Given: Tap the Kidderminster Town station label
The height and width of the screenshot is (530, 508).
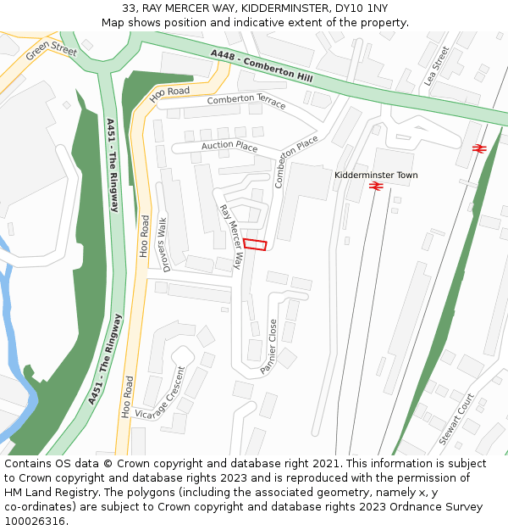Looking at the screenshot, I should point(376,176).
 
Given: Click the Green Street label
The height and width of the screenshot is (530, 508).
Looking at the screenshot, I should point(51,53).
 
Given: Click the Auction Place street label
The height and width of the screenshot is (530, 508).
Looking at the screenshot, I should point(229,147).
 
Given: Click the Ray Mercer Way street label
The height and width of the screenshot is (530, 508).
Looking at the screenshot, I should point(231,237).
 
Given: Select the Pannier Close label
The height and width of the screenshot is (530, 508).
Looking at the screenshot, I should point(268,346).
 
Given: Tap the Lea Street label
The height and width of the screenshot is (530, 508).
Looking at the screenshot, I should point(438,65).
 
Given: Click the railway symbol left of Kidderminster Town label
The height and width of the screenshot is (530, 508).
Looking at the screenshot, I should point(378,186).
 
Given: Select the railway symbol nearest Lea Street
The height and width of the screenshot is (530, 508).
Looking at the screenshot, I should point(478,148).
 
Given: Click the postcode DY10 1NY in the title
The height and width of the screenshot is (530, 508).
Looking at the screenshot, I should point(358,8).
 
